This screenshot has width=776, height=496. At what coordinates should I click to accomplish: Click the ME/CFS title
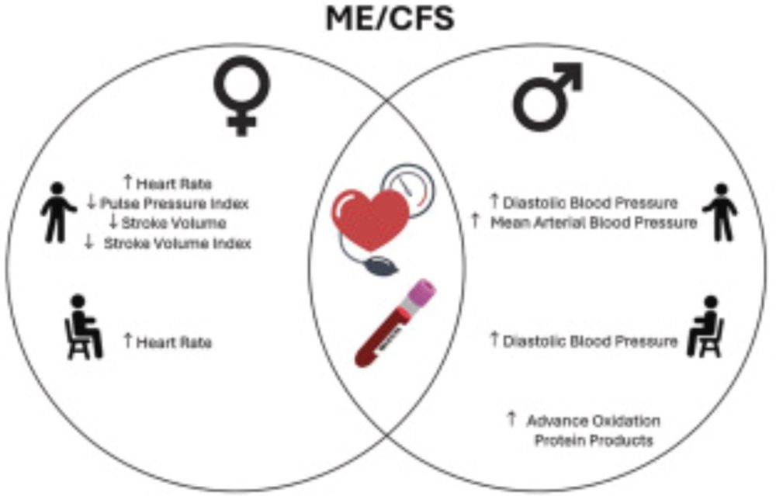pyautogui.click(x=388, y=18)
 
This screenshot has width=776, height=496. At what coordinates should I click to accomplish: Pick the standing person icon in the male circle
pyautogui.click(x=719, y=211)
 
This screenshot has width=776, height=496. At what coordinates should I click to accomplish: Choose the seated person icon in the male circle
pyautogui.click(x=704, y=327)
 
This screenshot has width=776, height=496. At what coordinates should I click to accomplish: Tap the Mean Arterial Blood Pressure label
pyautogui.click(x=594, y=224)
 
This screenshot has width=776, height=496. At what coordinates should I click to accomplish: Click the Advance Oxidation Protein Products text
pyautogui.click(x=593, y=431)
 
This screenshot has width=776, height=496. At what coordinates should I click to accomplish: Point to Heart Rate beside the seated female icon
pyautogui.click(x=175, y=342)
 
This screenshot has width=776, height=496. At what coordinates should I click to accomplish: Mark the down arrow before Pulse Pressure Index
pyautogui.click(x=92, y=204)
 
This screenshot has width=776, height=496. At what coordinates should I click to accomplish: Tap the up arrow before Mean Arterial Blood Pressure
pyautogui.click(x=474, y=223)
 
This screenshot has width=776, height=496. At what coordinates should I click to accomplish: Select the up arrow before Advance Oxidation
pyautogui.click(x=511, y=420)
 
